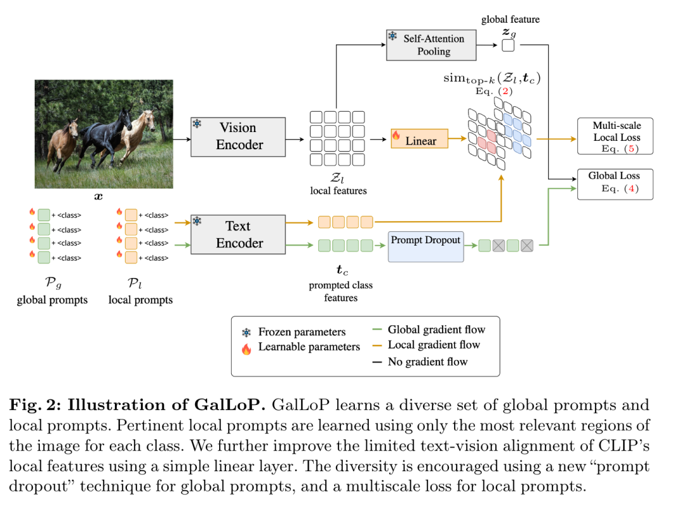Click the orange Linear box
point(419,140)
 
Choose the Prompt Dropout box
point(425,246)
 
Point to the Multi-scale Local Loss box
point(616,136)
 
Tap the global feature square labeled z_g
point(508,45)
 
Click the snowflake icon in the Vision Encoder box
point(197,124)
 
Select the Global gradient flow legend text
point(436,329)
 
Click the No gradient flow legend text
point(428,361)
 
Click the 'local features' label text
point(338,190)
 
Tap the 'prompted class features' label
point(341,291)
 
